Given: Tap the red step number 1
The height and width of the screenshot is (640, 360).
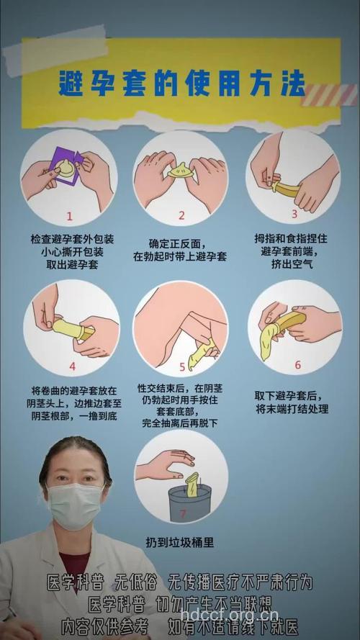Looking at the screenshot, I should click(70, 215).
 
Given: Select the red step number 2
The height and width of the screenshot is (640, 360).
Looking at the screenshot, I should click(181, 215).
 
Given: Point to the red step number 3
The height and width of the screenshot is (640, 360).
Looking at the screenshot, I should click(294, 214).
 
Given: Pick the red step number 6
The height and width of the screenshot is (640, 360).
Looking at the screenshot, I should click(297, 365).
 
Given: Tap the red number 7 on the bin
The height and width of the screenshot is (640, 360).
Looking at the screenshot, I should click(183, 513).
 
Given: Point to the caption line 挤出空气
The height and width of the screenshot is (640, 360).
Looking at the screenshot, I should click(293, 264).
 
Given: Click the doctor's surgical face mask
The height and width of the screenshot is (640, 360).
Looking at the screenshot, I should click(75, 505).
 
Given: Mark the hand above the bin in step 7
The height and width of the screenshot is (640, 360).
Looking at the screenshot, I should click(165, 463).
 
